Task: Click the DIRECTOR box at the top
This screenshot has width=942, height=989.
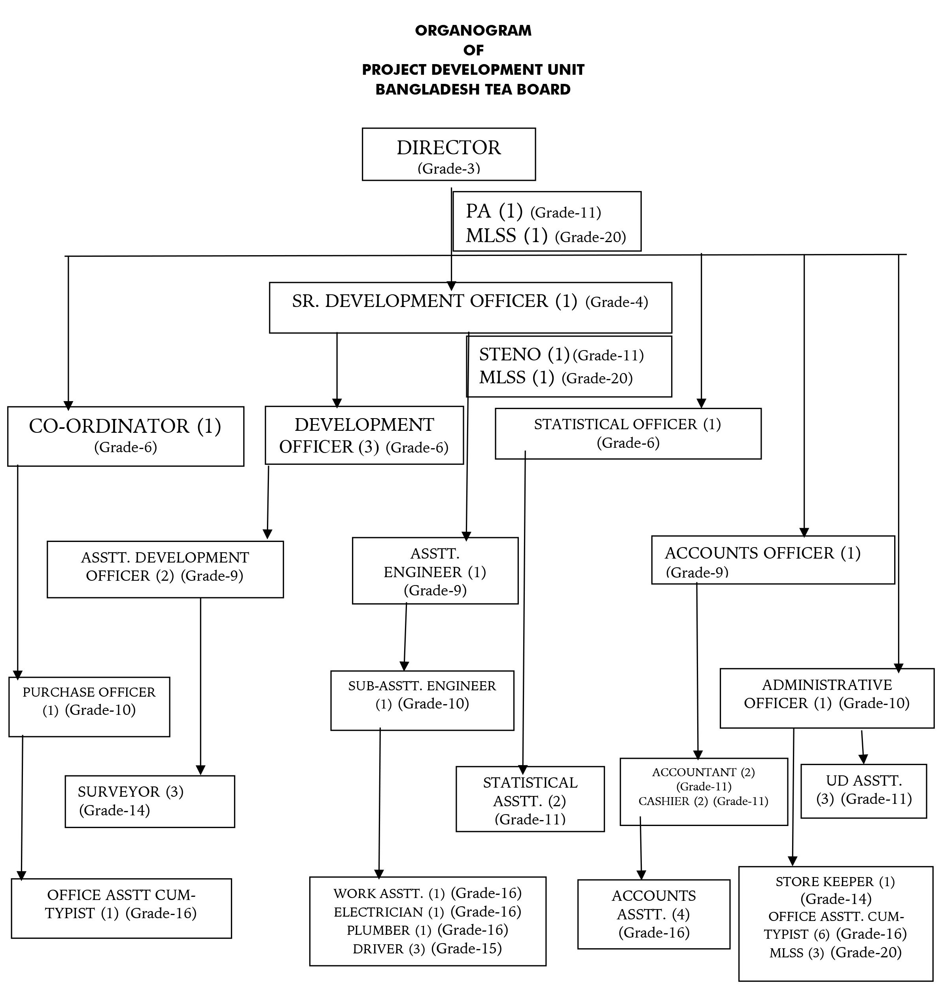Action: tap(448, 154)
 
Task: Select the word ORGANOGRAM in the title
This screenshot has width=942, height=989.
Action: tap(473, 30)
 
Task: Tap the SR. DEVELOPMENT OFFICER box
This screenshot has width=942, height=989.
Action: tap(471, 307)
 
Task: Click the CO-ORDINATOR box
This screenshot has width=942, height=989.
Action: tap(125, 436)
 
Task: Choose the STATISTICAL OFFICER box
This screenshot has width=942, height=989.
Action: tap(628, 434)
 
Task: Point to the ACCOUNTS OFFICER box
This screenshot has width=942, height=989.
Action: tap(773, 559)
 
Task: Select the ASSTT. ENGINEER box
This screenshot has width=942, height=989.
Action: tap(435, 570)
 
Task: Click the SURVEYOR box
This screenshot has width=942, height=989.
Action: tap(149, 801)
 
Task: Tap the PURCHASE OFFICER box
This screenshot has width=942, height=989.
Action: tap(89, 707)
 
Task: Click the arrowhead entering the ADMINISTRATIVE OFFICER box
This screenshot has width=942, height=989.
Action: tap(899, 668)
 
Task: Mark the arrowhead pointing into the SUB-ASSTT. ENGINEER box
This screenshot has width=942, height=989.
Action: tap(404, 666)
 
